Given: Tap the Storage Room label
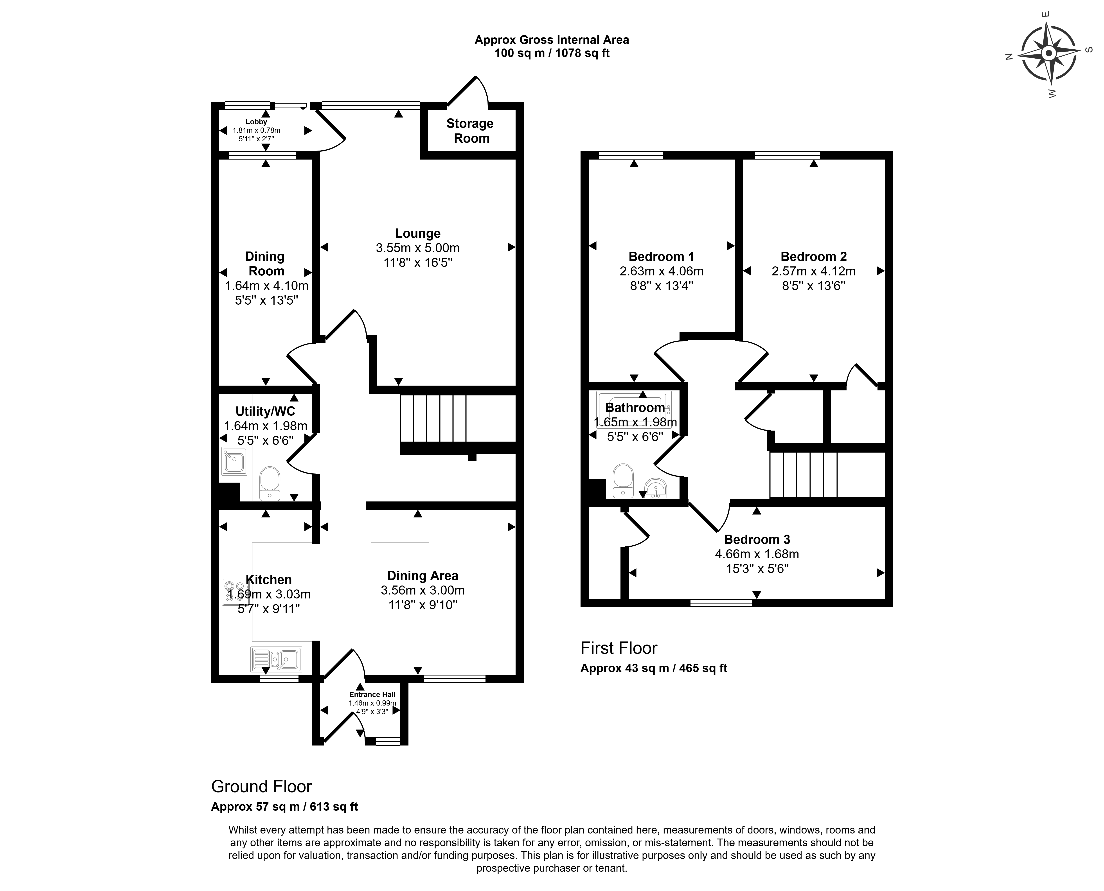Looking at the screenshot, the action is (x=470, y=131).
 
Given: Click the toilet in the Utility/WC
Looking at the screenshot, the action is (x=270, y=483).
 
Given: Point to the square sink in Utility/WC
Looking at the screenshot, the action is (x=234, y=460).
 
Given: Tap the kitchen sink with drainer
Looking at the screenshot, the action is (x=276, y=659).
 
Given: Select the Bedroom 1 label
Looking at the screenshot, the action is (x=662, y=257).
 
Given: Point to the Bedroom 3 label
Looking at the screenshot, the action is (x=757, y=539).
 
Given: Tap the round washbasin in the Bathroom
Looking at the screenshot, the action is (x=655, y=488).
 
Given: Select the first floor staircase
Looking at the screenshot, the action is (x=804, y=475).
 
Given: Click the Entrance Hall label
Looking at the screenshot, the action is (x=372, y=694).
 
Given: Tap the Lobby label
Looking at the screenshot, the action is (x=256, y=122).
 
